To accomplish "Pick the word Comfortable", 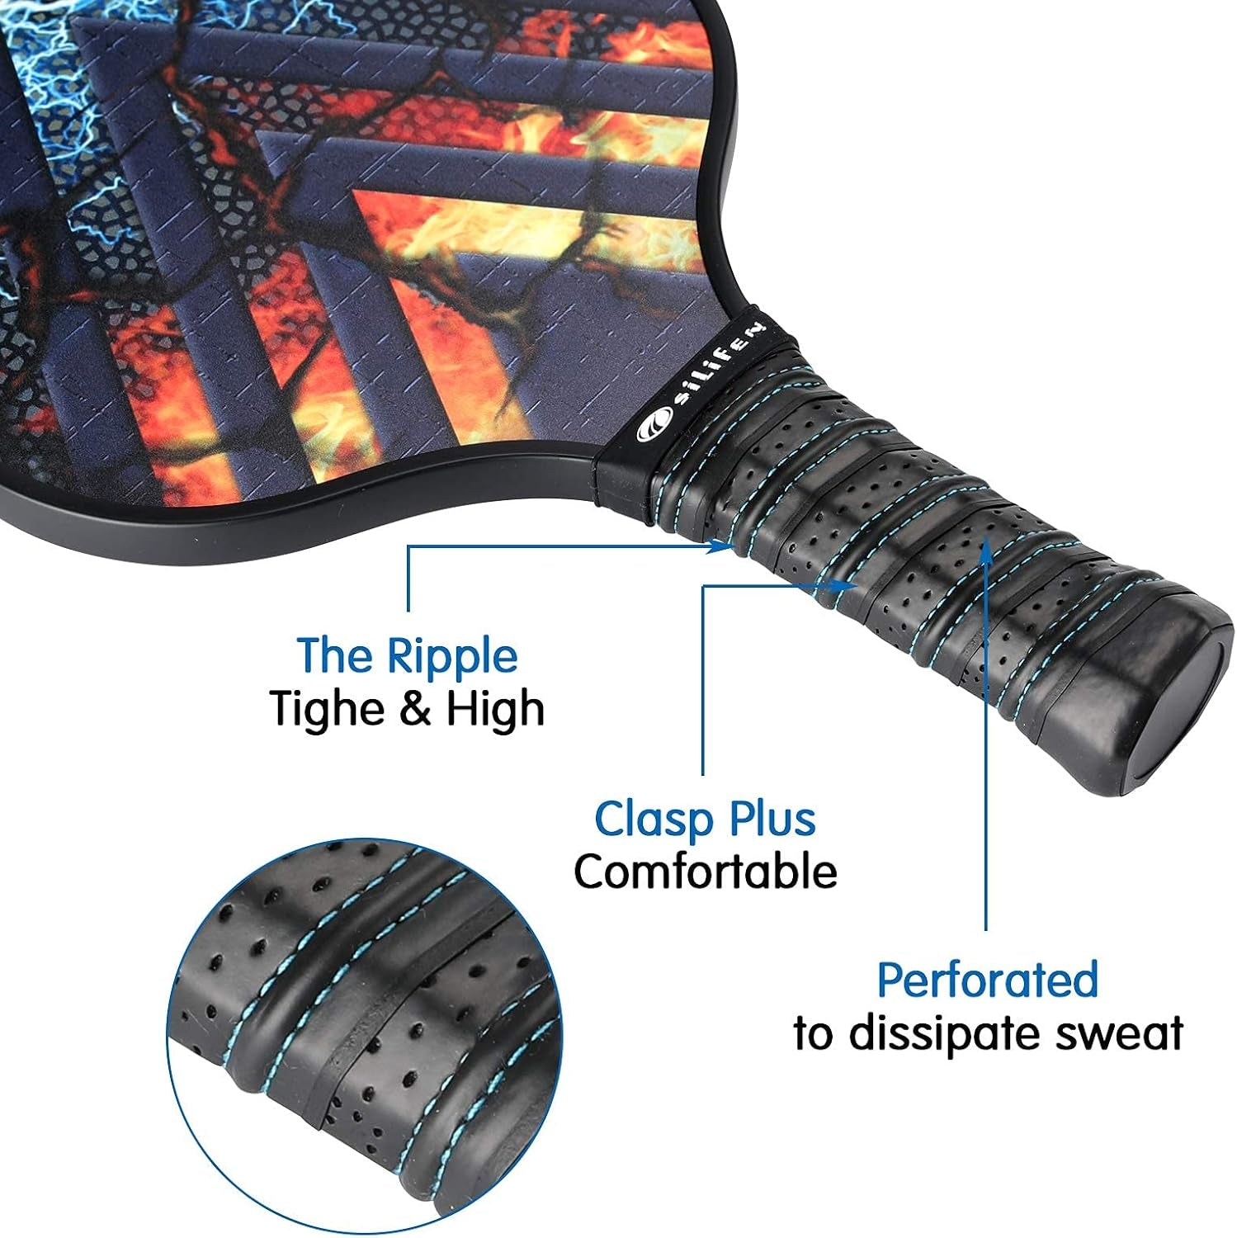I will click(706, 872).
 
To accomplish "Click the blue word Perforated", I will click(987, 980).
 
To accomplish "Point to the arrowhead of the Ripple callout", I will click(726, 546).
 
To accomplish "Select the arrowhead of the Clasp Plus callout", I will click(850, 585).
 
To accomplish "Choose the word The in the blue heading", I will click(329, 656).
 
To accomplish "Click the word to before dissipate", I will click(813, 1033).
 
